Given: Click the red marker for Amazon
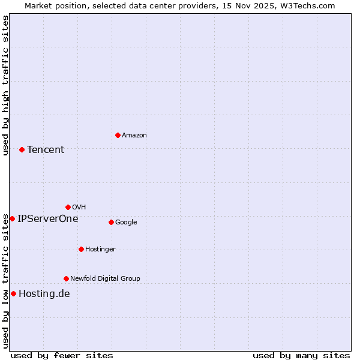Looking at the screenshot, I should coord(118,135).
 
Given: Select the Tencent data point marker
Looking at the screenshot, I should coord(22,149).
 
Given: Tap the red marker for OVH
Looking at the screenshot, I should coord(68,207).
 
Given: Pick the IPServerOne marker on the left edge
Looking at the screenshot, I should coord(12,218).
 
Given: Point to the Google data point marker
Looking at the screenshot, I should coord(111,222).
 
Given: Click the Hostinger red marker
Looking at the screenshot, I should coord(81,249).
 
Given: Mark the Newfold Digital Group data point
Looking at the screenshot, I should coord(66,278).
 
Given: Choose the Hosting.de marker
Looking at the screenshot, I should coord(13,293).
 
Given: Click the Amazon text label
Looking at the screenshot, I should coord(134,136).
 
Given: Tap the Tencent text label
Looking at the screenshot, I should coord(46,150).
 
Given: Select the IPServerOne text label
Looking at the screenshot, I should coord(48,219).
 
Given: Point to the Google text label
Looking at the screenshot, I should coord(126,223).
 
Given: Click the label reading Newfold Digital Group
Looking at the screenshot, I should coord(105,278).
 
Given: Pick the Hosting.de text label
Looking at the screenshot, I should coord(44,294).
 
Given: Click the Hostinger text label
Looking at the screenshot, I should coord(100,250).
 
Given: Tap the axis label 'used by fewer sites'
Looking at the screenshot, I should coord(62,355).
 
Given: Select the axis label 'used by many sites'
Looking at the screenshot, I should coord(301,355).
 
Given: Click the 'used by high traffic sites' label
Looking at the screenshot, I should coord(5,86).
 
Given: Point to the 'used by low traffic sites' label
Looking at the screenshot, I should coord(5,281).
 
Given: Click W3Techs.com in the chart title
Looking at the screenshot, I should coord(305,5).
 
